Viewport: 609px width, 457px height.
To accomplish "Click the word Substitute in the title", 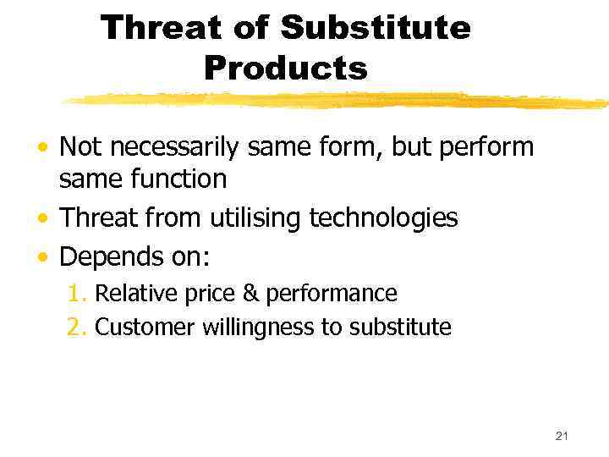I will click(x=375, y=28).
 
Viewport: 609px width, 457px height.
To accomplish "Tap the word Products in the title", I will click(x=286, y=68).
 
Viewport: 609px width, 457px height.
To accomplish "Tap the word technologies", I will click(x=383, y=217).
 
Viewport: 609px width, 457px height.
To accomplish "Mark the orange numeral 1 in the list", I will click(x=74, y=294).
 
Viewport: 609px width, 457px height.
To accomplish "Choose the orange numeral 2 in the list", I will click(x=74, y=327).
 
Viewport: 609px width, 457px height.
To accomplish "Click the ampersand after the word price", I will click(x=251, y=294).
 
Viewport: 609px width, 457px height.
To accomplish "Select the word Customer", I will click(x=145, y=327).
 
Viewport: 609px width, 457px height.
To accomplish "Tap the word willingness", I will click(x=258, y=328).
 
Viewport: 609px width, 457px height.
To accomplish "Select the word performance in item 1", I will click(x=332, y=295).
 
